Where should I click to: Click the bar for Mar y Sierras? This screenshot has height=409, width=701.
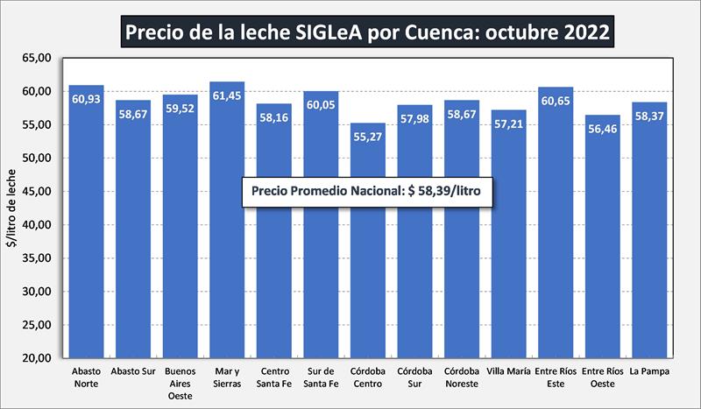click(226, 228)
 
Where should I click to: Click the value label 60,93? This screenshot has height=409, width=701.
click(86, 98)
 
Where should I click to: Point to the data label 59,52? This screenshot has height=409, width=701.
click(180, 108)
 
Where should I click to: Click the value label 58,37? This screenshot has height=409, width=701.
click(650, 116)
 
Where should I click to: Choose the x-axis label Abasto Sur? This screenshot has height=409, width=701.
click(133, 371)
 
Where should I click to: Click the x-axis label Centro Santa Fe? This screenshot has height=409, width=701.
click(273, 377)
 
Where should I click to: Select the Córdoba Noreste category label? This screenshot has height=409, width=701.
click(462, 377)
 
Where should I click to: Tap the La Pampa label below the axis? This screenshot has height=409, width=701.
click(650, 371)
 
